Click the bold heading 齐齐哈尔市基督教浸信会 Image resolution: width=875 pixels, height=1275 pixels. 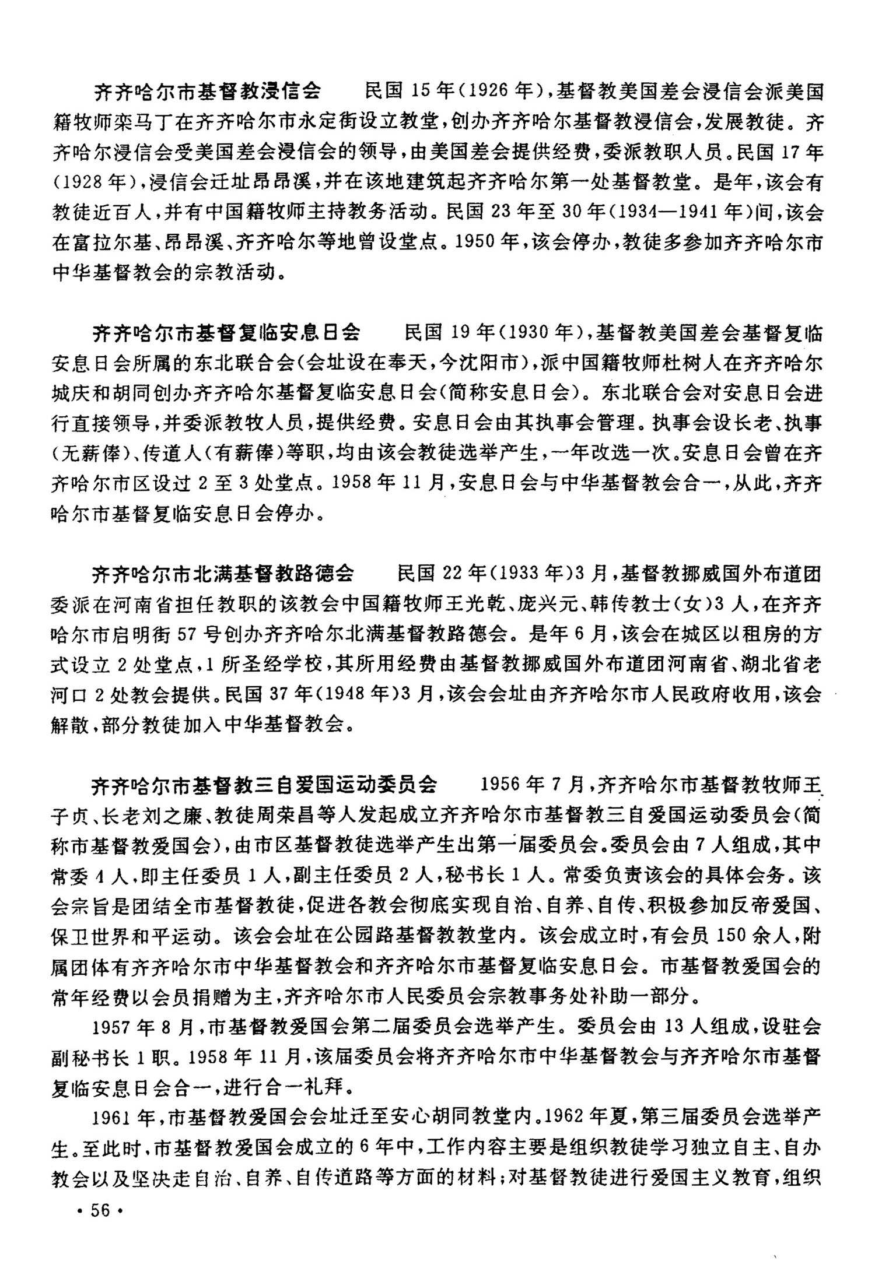pos(208,92)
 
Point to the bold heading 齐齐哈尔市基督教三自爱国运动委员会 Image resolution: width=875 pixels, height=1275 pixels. pos(264,785)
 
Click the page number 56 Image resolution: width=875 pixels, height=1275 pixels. pos(100,1210)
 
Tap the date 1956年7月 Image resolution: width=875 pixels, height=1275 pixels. pos(531,785)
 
